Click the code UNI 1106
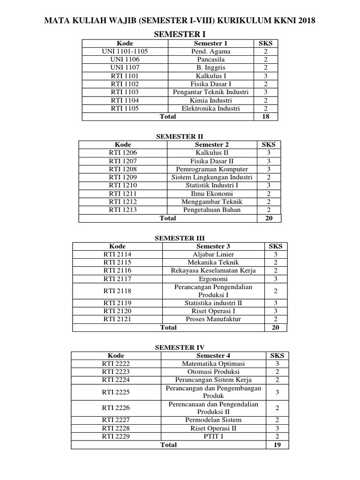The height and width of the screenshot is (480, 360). click(x=125, y=60)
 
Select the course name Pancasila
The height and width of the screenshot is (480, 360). click(x=210, y=60)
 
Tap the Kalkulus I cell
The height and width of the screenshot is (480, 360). click(x=210, y=76)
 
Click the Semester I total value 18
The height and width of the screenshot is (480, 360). click(x=265, y=116)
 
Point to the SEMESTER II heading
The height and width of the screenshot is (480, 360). click(x=180, y=136)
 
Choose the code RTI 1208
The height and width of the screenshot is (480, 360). click(x=123, y=169)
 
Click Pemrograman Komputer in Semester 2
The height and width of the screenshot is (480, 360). click(x=212, y=169)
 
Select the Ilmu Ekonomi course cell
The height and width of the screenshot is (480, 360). click(x=212, y=194)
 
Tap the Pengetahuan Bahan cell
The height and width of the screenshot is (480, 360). click(x=212, y=210)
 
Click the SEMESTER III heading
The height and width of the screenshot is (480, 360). click(x=180, y=238)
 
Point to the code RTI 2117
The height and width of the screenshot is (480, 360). click(x=117, y=279)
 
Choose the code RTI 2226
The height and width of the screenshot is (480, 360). click(x=116, y=408)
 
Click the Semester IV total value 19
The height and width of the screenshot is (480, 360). click(x=277, y=445)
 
